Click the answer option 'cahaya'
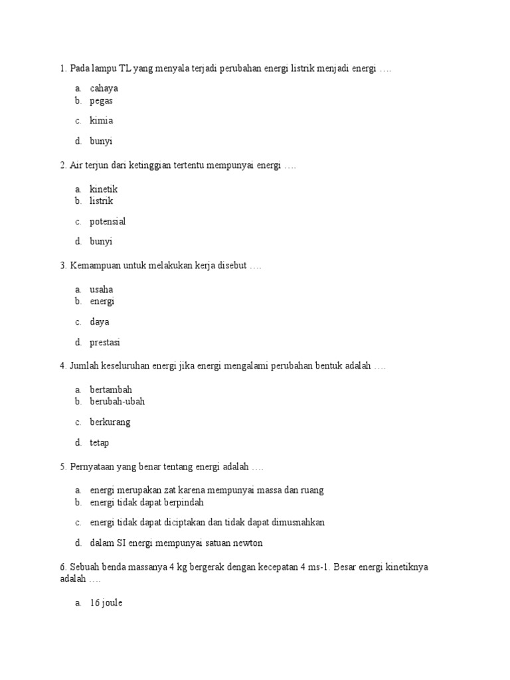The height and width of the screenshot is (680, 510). [x=104, y=88]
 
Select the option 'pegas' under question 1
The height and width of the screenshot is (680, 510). [x=101, y=101]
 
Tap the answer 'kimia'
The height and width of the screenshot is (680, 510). [x=101, y=121]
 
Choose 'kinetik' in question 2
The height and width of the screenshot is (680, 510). [x=104, y=189]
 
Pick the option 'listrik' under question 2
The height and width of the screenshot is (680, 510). [x=102, y=201]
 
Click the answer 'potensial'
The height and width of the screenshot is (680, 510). [x=108, y=221]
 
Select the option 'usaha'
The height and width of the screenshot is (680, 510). [x=102, y=290]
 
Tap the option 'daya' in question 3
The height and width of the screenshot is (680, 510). [x=100, y=322]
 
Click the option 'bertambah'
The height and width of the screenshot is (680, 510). [x=111, y=390]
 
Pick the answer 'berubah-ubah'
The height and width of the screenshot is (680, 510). [x=117, y=402]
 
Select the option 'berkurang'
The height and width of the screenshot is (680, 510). [x=110, y=422]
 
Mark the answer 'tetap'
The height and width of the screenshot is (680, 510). [x=100, y=442]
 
